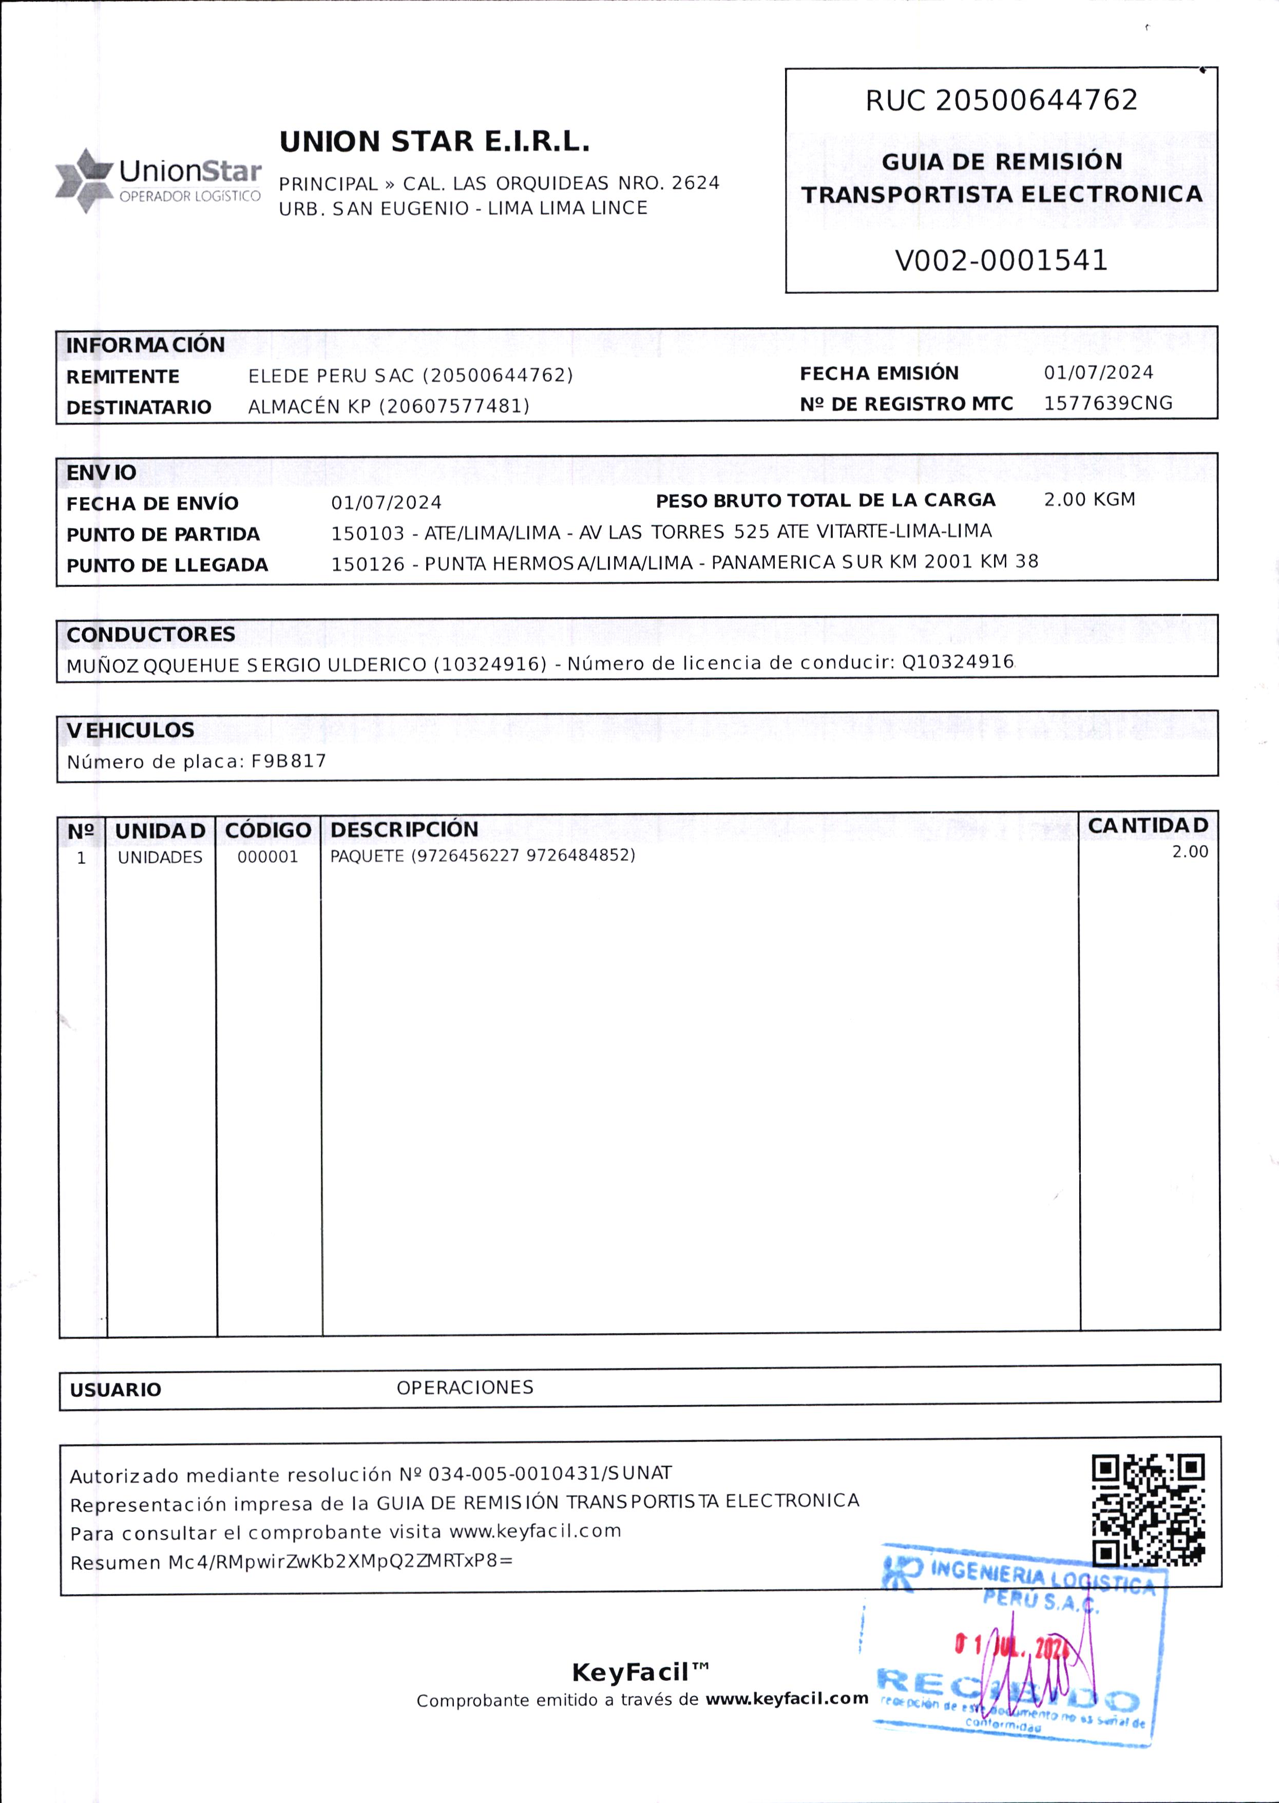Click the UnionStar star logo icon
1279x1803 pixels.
click(84, 180)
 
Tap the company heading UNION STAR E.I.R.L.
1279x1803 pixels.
click(434, 142)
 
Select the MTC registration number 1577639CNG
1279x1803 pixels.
click(1108, 403)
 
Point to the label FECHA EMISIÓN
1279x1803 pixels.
click(879, 373)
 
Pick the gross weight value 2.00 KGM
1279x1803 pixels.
click(1089, 499)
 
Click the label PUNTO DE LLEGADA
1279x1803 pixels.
click(167, 565)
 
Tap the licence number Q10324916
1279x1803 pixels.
click(958, 661)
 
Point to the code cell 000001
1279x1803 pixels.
click(268, 857)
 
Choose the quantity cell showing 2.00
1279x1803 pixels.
click(1189, 851)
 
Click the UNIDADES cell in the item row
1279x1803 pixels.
click(160, 857)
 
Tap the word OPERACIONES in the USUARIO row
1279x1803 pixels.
click(465, 1387)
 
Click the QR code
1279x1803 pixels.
click(1148, 1510)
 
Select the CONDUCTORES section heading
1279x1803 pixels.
click(150, 634)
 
